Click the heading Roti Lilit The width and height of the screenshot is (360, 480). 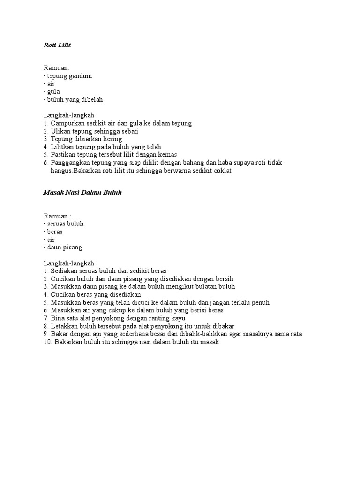[57, 45]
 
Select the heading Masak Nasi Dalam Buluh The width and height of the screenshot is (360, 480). [82, 193]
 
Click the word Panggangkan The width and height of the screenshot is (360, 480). [71, 163]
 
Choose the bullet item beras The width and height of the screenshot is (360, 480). [54, 232]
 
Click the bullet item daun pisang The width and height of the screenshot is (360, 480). [64, 247]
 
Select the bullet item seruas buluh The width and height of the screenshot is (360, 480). [65, 224]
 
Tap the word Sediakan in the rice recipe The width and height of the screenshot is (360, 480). [65, 271]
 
